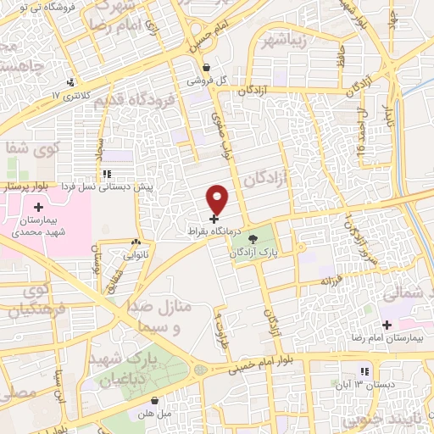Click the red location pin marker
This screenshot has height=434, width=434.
coord(218,199)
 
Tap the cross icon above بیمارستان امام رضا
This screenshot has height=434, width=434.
coord(387,324)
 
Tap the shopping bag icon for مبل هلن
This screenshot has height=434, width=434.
coord(154,400)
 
